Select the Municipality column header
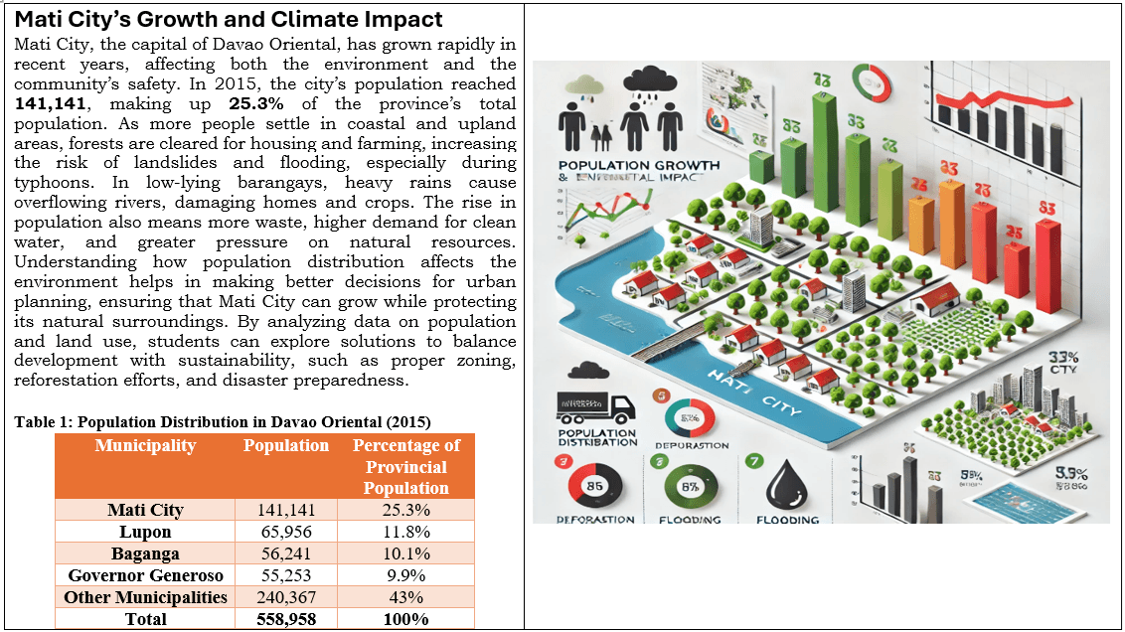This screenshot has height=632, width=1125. [x=145, y=446]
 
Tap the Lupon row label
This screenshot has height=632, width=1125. [x=145, y=532]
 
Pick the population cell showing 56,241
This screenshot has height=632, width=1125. [x=286, y=553]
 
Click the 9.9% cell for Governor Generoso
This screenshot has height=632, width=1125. [x=405, y=575]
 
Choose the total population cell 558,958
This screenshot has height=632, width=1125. [x=286, y=619]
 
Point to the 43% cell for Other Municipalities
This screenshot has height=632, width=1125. [x=405, y=597]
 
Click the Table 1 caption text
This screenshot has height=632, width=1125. [x=222, y=421]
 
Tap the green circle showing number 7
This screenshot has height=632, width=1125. [x=752, y=460]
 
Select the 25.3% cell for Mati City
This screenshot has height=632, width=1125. [x=405, y=510]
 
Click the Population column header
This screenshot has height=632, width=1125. [x=286, y=446]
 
